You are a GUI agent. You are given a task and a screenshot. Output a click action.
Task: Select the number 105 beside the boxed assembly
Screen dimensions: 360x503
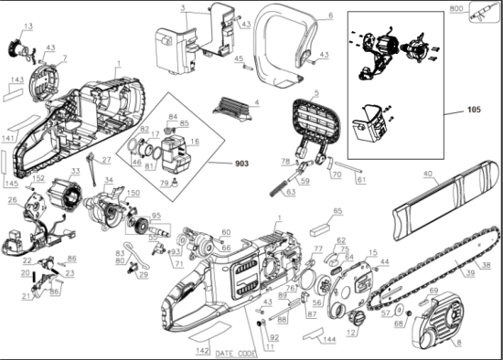pyautogui.click(x=473, y=110)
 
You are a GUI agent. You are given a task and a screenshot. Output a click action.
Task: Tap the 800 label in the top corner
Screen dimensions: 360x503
pyautogui.click(x=457, y=8)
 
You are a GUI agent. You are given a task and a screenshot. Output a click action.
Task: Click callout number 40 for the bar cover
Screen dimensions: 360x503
pyautogui.click(x=428, y=174)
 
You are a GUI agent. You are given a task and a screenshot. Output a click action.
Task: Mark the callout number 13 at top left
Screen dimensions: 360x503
pyautogui.click(x=27, y=26)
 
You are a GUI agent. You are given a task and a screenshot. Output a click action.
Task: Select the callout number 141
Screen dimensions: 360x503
pyautogui.click(x=8, y=138)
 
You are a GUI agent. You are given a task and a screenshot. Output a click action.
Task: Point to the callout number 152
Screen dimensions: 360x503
pyautogui.click(x=39, y=179)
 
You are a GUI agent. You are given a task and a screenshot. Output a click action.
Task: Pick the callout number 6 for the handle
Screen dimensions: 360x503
pyautogui.click(x=330, y=16)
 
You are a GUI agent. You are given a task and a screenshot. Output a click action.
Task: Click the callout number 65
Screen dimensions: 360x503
pyautogui.click(x=337, y=211)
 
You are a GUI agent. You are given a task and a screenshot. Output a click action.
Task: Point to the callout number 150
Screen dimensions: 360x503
pyautogui.click(x=134, y=194)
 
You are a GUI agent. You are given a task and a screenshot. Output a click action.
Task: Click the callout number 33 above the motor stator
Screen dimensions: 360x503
pyautogui.click(x=75, y=171)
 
